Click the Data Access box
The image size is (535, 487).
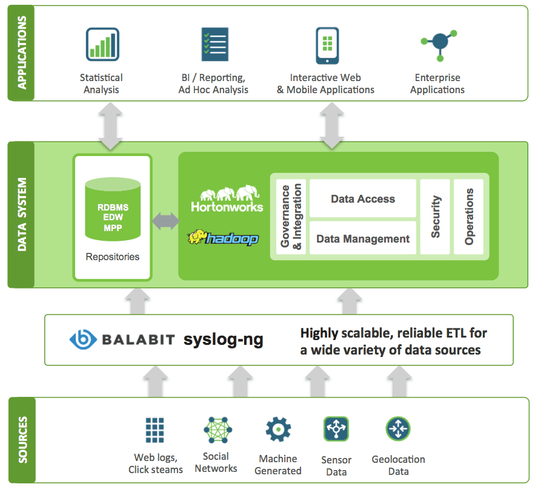[363, 199]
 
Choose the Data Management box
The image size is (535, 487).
[363, 239]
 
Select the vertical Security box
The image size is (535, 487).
[435, 216]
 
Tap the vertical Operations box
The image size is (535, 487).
[469, 216]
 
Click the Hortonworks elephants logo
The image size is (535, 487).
[227, 199]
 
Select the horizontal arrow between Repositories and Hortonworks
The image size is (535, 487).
[165, 221]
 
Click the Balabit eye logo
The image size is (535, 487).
[80, 339]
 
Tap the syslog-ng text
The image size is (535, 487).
[224, 339]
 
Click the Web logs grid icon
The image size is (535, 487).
[155, 430]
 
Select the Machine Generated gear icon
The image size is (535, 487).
[278, 430]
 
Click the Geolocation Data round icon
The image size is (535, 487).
[398, 429]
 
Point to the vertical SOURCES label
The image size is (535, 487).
[22, 440]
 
